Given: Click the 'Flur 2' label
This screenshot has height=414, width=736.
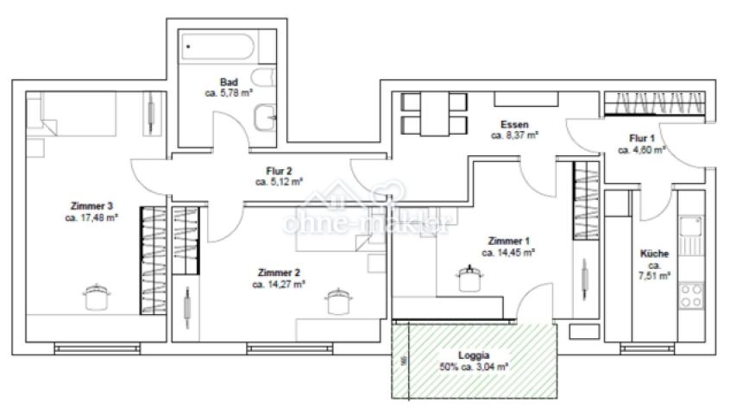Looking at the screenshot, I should tap(279, 171).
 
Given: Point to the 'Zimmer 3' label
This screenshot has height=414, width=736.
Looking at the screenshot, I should tap(91, 206).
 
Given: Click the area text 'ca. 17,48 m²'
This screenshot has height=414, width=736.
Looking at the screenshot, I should tap(91, 218).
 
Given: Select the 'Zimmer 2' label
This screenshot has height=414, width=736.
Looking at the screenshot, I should tap(278, 272).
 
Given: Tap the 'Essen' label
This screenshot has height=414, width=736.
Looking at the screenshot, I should tap(515, 124).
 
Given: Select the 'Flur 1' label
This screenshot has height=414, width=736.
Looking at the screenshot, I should tap(642, 138).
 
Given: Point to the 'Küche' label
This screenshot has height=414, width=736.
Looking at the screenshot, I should tap(653, 254).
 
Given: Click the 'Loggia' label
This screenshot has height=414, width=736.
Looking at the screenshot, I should tap(474, 354).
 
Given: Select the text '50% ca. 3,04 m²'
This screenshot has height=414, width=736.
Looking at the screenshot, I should tap(474, 367).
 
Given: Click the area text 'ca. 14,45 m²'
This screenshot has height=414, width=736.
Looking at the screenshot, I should tap(509, 253).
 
